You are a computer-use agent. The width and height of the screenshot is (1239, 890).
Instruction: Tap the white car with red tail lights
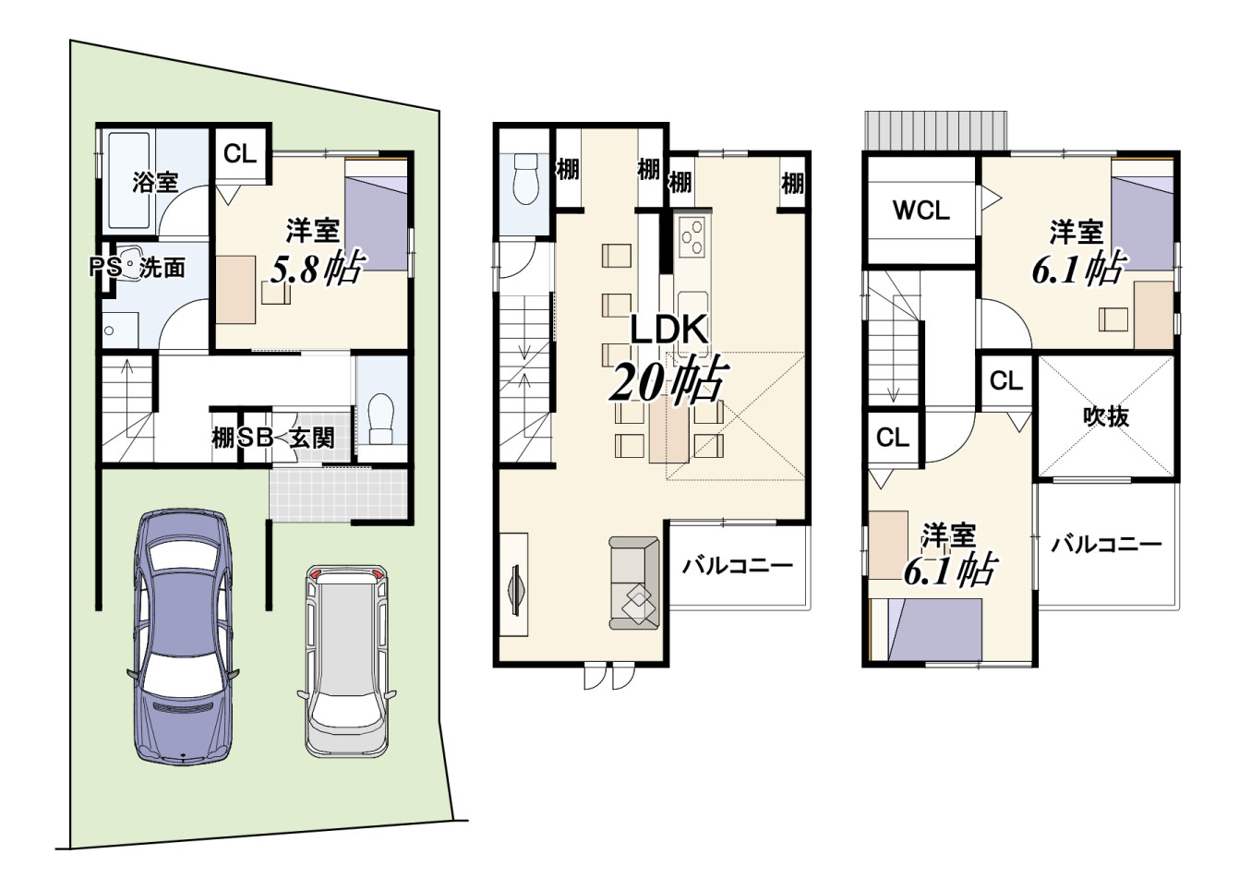(347, 661)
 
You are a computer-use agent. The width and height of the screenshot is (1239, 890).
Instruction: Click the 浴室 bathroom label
(155, 182)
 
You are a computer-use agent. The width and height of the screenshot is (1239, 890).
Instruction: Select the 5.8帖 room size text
(317, 267)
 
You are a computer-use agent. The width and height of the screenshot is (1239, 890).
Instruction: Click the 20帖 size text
(668, 380)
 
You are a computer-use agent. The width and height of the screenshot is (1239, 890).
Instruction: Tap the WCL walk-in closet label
(921, 210)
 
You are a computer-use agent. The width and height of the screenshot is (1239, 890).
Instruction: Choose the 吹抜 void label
(1106, 417)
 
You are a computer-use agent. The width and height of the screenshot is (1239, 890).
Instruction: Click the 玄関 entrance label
(312, 439)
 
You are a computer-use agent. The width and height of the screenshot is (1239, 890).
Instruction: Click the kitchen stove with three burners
(692, 239)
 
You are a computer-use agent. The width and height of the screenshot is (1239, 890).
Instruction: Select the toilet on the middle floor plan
(525, 179)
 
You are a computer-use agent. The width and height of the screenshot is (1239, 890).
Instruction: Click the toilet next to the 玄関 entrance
(381, 419)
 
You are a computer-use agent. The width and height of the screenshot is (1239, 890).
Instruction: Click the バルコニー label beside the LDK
(738, 566)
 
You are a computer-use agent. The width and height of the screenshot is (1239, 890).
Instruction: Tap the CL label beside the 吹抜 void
(1006, 381)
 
